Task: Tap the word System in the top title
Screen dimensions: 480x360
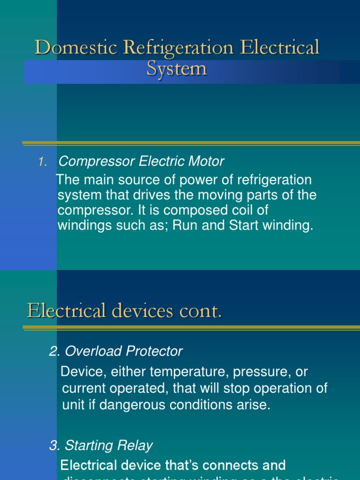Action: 176,69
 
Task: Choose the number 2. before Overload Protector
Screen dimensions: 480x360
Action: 55,351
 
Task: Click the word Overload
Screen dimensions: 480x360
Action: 89,351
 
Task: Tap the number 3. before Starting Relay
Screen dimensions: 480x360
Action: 55,445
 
